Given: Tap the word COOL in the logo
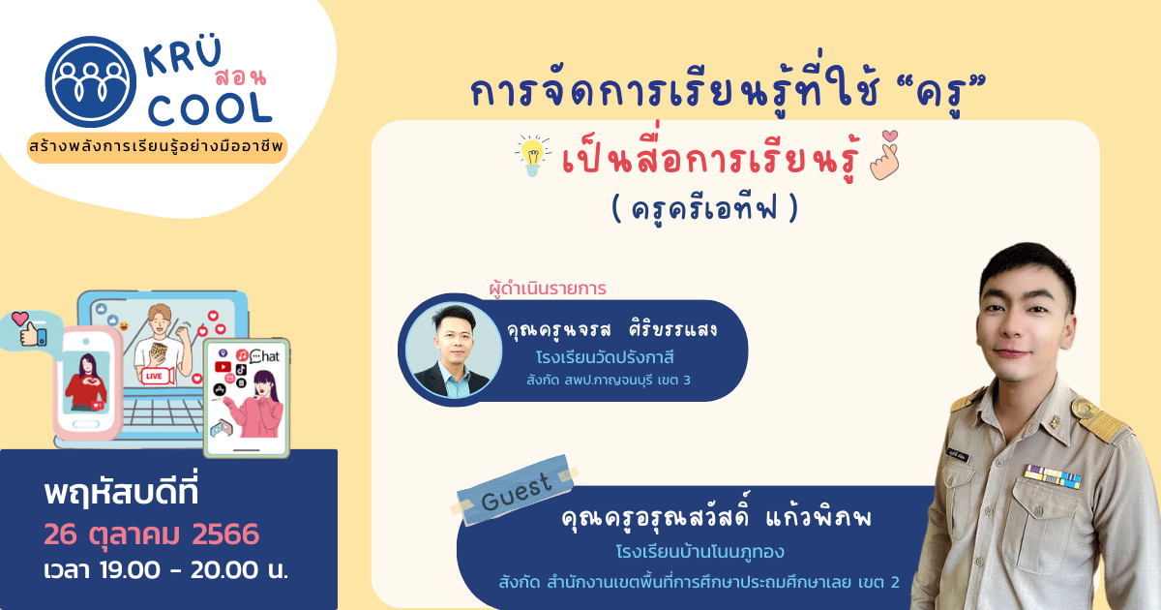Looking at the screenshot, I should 211,107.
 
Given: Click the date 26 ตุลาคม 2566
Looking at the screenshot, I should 151,534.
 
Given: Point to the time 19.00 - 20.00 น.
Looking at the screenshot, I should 165,571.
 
